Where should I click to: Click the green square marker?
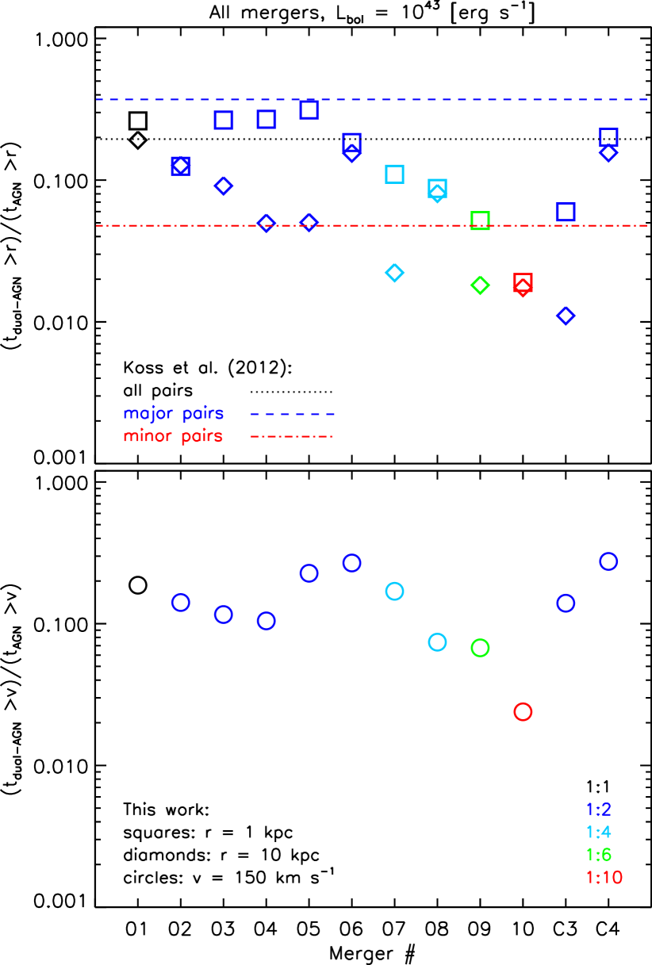click(x=480, y=220)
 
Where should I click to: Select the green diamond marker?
click(x=480, y=285)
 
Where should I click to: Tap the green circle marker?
click(x=480, y=648)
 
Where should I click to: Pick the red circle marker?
click(x=523, y=712)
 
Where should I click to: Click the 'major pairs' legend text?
click(x=174, y=414)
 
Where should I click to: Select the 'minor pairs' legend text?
click(x=173, y=436)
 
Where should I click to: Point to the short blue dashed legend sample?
click(x=292, y=414)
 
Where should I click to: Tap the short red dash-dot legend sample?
click(x=292, y=436)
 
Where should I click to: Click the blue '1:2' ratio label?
click(x=598, y=810)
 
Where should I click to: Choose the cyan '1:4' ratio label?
click(x=598, y=833)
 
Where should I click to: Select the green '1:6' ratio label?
click(x=598, y=855)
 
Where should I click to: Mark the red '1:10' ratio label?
click(x=604, y=878)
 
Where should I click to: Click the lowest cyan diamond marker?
click(x=394, y=273)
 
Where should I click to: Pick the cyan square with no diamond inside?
click(x=394, y=174)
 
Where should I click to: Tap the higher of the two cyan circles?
click(x=394, y=591)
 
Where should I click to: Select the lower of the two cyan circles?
click(x=437, y=642)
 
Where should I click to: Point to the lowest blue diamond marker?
click(x=566, y=316)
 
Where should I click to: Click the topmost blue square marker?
click(x=309, y=109)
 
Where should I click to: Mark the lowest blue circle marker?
click(x=267, y=621)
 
